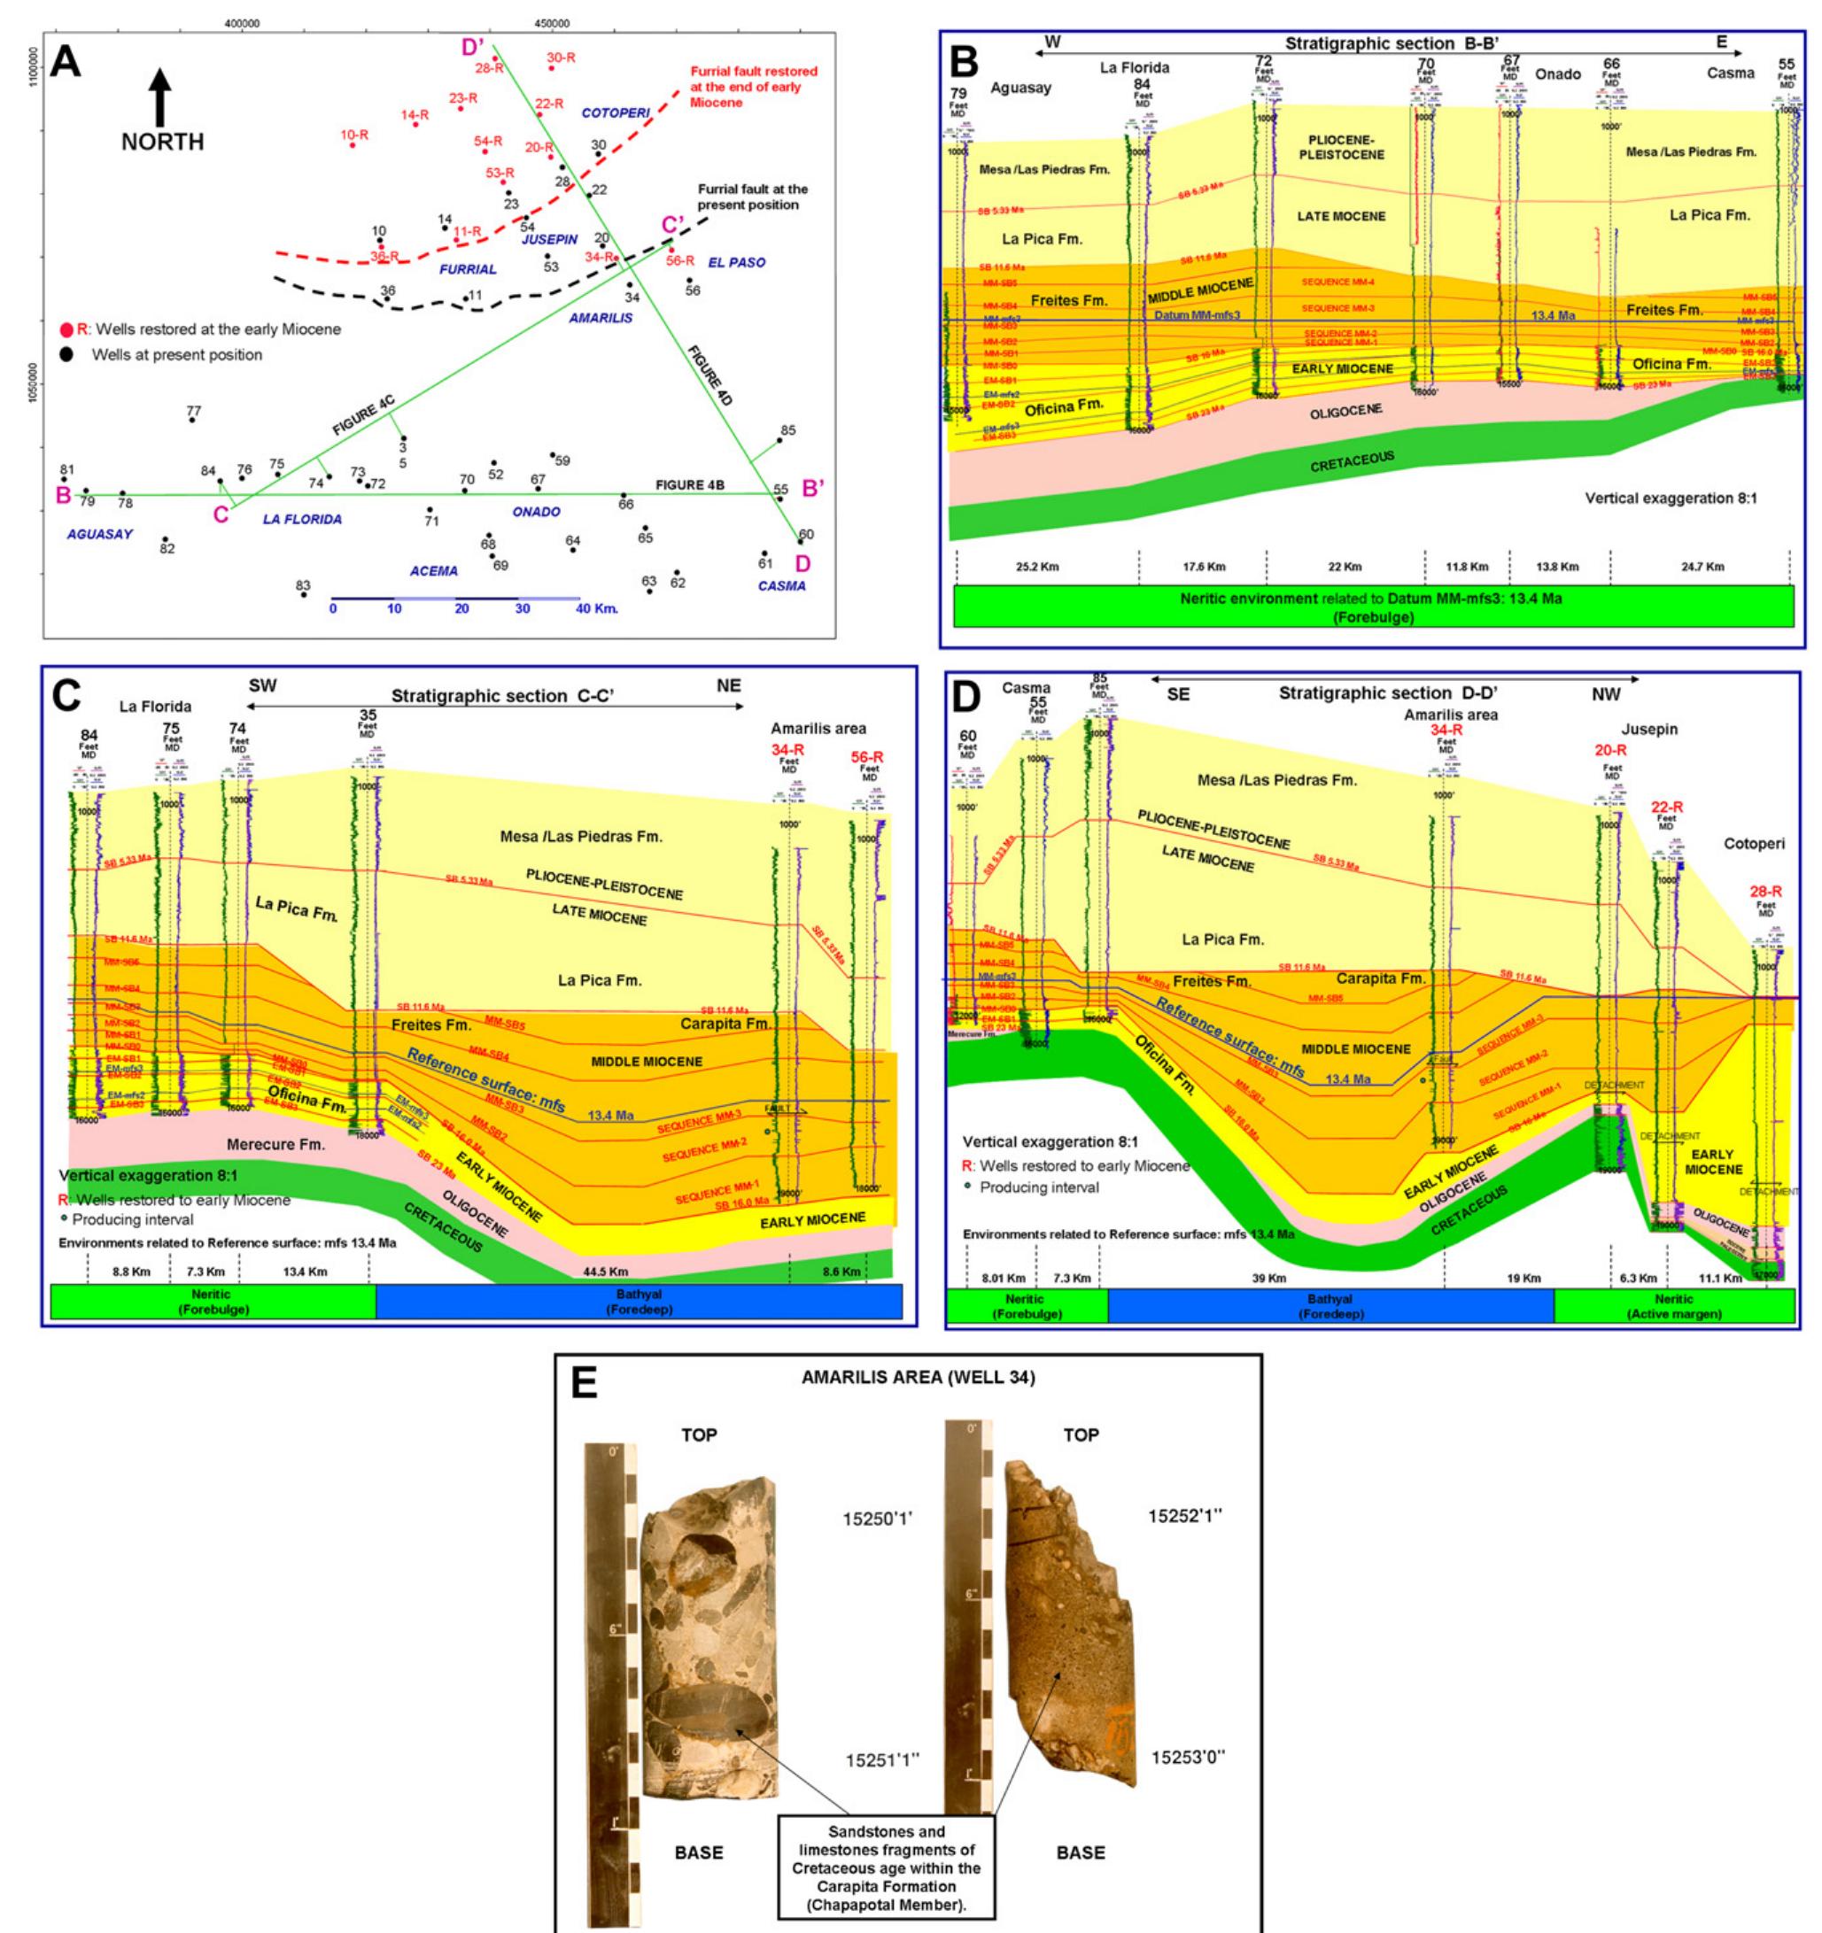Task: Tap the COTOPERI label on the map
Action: pos(615,112)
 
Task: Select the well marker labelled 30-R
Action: pos(551,67)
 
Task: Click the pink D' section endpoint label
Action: pos(473,46)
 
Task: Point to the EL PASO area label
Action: pos(736,262)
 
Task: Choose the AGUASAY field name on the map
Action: pos(99,535)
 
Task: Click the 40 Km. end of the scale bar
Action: pos(600,608)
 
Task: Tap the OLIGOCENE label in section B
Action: pos(1345,413)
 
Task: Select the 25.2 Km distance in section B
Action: pos(1037,567)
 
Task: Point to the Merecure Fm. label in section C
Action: pos(275,1144)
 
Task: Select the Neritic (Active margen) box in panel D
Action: pos(1673,1306)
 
